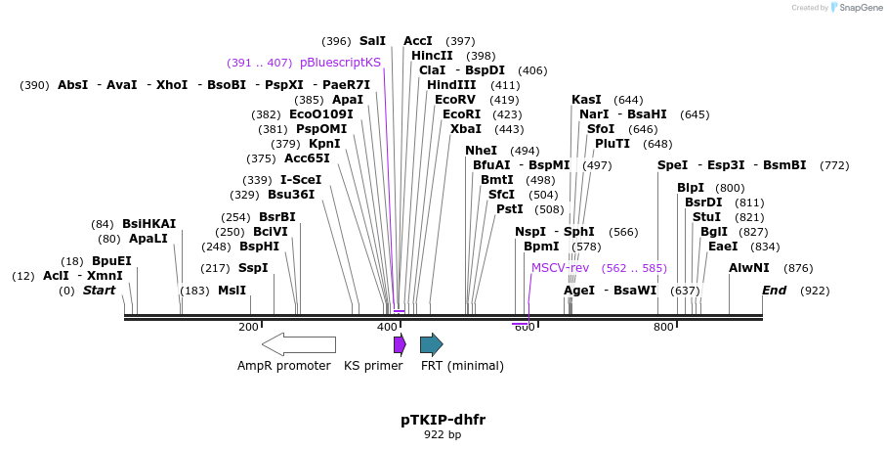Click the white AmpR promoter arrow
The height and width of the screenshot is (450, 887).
(298, 344)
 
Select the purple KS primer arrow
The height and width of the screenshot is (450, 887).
(399, 344)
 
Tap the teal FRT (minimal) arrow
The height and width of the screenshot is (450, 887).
(431, 344)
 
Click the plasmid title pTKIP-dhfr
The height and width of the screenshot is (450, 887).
(443, 420)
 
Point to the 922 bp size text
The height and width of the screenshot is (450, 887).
(443, 434)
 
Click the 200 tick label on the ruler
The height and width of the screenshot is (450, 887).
(248, 327)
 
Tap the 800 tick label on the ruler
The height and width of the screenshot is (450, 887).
(663, 327)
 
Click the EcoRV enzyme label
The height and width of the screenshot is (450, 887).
(455, 100)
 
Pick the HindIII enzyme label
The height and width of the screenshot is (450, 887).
(451, 85)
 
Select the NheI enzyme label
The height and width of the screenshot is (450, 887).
(481, 151)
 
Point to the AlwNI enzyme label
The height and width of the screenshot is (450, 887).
(749, 267)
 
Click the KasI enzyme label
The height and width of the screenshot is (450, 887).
(586, 100)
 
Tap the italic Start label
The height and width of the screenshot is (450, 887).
(99, 291)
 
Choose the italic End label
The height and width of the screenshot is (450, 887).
(775, 291)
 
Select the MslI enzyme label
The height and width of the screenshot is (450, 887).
(232, 291)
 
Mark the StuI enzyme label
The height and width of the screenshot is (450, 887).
(706, 216)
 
